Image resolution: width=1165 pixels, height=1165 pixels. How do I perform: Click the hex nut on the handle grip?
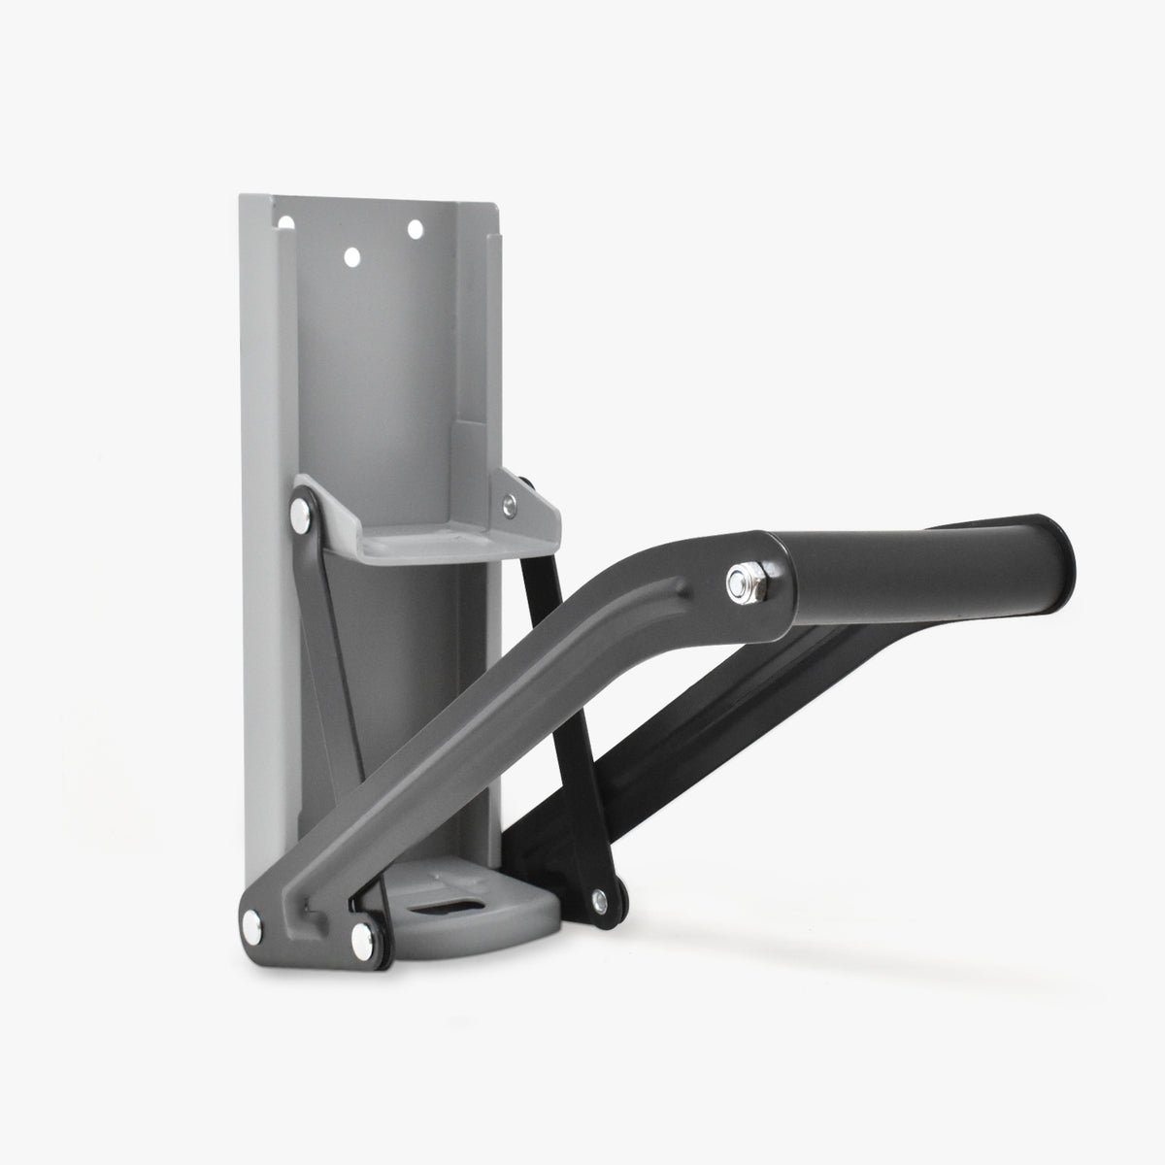coord(740,582)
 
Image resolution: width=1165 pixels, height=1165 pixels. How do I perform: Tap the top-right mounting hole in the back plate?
coord(415,229)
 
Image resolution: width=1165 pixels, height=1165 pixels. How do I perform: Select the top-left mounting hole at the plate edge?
coord(285,222)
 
